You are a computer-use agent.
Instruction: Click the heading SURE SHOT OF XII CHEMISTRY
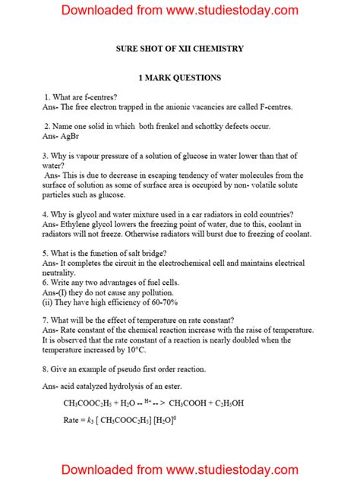tap(179, 49)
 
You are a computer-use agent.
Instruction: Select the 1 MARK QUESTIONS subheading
tap(179, 77)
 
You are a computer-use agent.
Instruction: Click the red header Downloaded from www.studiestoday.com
tap(179, 11)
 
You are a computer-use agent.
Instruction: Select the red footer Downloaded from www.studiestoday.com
tap(179, 468)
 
